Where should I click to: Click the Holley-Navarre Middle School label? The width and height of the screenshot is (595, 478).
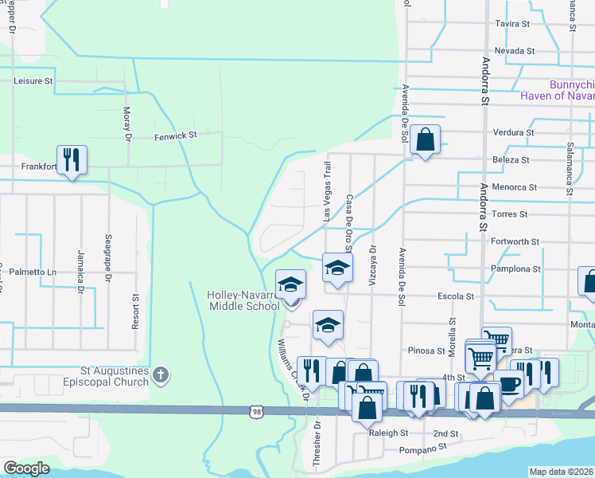tap(243, 300)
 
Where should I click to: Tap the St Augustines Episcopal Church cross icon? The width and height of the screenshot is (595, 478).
tap(161, 374)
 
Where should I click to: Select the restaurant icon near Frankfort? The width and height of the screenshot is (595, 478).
tap(72, 159)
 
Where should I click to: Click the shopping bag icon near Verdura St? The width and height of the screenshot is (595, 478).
tap(426, 140)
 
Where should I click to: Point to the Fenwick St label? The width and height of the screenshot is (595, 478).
tap(175, 135)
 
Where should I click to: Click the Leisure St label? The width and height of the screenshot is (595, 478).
tap(32, 80)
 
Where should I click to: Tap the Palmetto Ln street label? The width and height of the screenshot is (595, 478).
tap(29, 272)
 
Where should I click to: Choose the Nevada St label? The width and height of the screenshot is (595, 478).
tap(514, 50)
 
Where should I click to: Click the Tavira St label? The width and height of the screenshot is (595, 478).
tap(512, 25)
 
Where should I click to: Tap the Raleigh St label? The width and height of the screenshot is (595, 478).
tap(388, 433)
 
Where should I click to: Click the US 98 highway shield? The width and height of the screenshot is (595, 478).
tap(255, 411)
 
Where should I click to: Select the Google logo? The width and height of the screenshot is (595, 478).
tap(26, 468)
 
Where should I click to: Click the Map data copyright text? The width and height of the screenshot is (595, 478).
tap(562, 472)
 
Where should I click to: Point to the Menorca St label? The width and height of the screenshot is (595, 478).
tap(515, 187)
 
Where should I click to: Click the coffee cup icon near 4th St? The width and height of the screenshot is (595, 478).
tap(508, 384)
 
